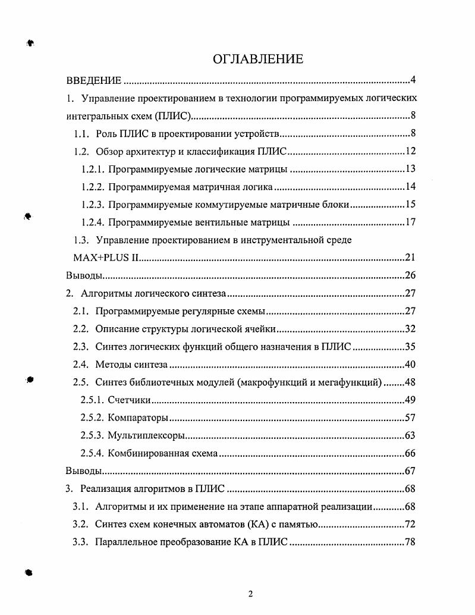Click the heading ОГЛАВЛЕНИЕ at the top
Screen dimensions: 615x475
[x=257, y=59]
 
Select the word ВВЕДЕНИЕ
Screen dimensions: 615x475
[x=93, y=80]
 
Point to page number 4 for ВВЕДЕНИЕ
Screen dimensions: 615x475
[x=412, y=80]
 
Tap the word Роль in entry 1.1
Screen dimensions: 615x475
[x=106, y=133]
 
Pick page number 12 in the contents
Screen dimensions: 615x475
[x=410, y=151]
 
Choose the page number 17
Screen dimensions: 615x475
[x=410, y=222]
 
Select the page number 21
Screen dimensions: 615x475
[x=410, y=258]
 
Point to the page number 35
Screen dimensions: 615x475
[x=410, y=346]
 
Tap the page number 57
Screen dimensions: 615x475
[x=410, y=418]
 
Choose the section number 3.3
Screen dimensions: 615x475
[x=81, y=542]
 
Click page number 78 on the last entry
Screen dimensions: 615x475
[x=410, y=542]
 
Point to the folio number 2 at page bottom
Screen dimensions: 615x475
[x=250, y=593]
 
